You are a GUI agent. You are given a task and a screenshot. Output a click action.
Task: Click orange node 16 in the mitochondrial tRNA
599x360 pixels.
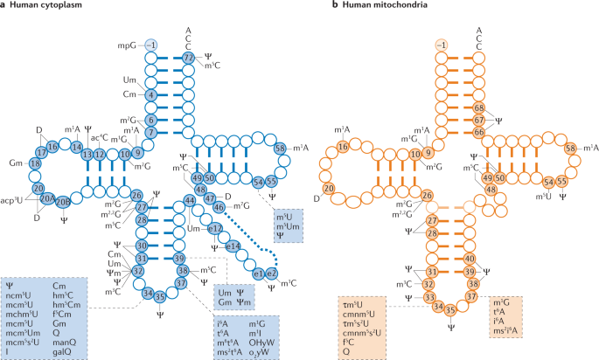click(x=367, y=149)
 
